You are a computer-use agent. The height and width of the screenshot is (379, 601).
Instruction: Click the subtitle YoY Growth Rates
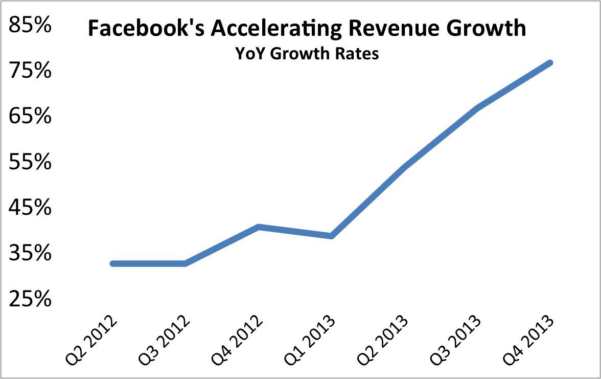[x=307, y=53]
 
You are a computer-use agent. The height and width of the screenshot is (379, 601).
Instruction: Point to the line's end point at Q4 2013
[x=550, y=63]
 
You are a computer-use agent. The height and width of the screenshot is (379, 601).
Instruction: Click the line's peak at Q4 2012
[x=259, y=227]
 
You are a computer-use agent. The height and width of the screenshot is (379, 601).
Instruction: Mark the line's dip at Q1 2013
[x=332, y=236]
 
